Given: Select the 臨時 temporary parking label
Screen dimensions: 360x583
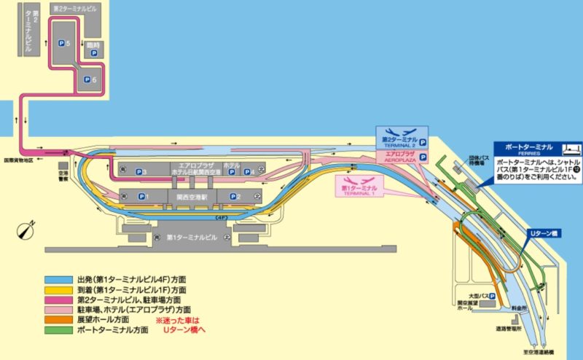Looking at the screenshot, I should coord(93,48).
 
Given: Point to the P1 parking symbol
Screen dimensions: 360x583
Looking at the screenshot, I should coord(141,196).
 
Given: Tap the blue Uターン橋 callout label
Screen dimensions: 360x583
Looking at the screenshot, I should coord(542,234).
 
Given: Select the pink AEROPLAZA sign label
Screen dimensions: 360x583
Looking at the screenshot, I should coord(400,156).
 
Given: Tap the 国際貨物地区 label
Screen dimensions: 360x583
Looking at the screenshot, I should coord(23,159).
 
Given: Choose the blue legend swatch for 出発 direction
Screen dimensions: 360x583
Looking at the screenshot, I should coord(58,278).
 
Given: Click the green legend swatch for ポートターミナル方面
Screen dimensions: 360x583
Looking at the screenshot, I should coord(58,329).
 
